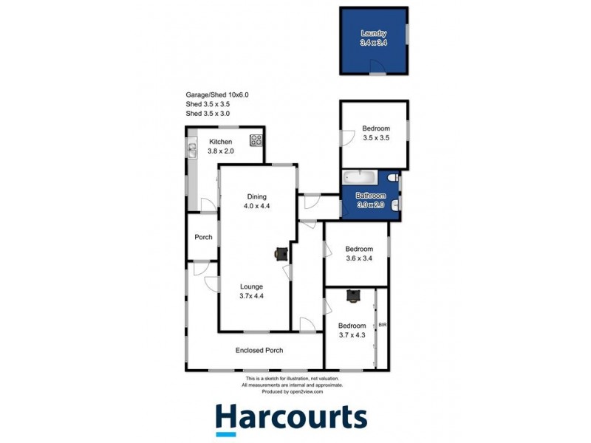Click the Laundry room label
coord(374,33)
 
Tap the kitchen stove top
coord(256,140)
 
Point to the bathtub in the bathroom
coord(360,177)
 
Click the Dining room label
coord(256,196)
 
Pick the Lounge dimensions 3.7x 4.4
coord(251,296)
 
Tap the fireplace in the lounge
coord(281,253)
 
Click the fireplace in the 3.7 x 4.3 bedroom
coord(353,296)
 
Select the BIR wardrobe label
coord(383,325)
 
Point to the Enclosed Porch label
coord(259,350)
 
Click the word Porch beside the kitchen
coord(204,237)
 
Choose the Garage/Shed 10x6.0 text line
coord(217,95)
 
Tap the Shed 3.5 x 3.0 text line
coord(208,114)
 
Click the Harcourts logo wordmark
coord(291,416)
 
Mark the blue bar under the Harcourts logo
coord(226,434)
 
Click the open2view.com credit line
coord(293,392)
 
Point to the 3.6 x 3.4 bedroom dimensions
coord(359,258)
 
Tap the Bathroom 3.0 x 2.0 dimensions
coord(371,205)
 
